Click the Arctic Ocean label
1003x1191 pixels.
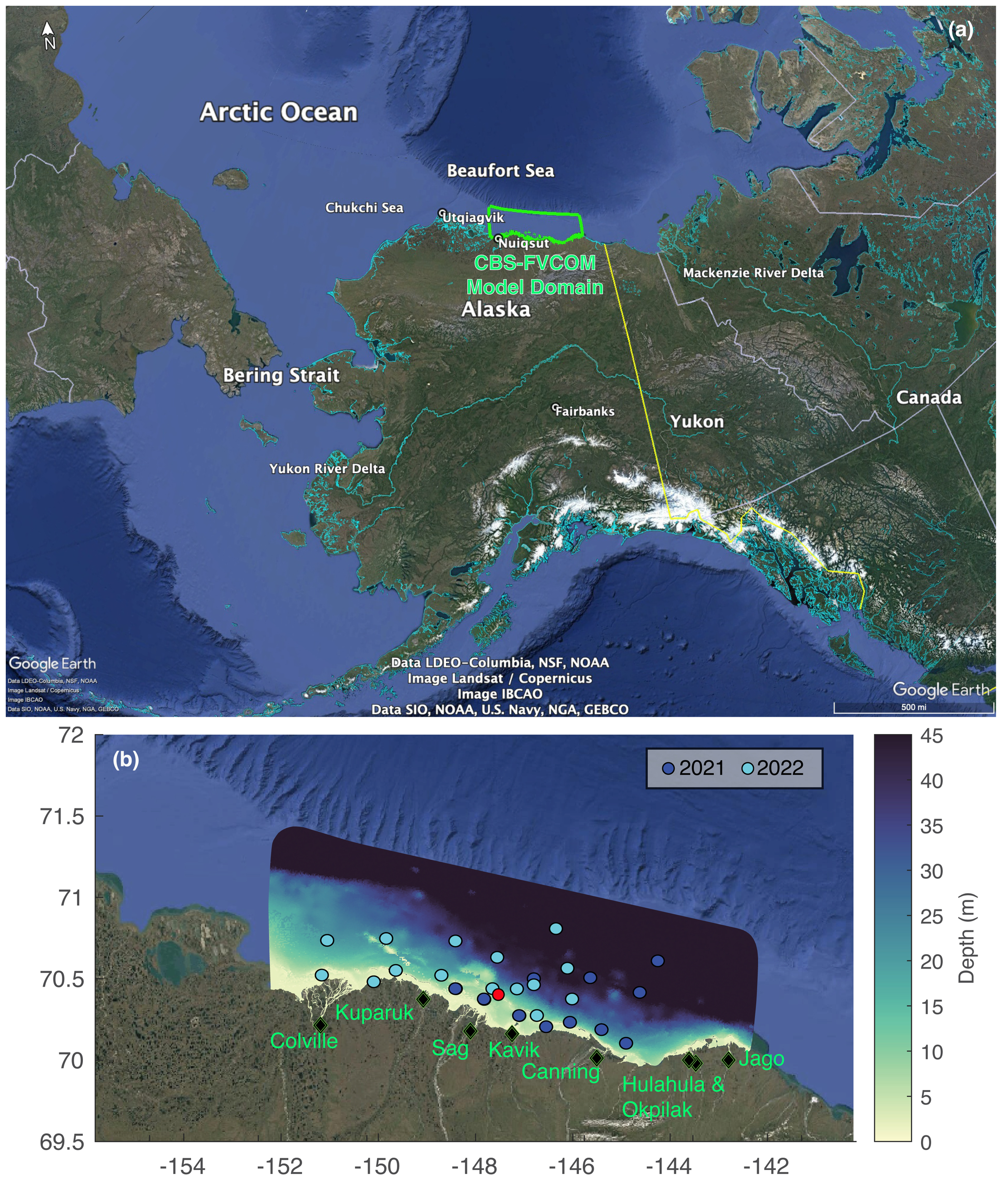[x=279, y=112]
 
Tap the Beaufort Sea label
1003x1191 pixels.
[x=500, y=171]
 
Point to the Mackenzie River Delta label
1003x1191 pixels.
[x=753, y=273]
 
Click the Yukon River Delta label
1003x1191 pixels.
[x=327, y=469]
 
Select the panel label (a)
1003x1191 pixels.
[x=961, y=30]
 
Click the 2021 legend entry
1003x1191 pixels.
[x=694, y=768]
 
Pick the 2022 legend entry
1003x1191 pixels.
[x=773, y=768]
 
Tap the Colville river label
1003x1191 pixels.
[x=304, y=1040]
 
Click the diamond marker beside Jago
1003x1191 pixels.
[x=729, y=1060]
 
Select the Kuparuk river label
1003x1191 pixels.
[x=374, y=1012]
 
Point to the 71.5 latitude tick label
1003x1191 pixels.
[x=62, y=817]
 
